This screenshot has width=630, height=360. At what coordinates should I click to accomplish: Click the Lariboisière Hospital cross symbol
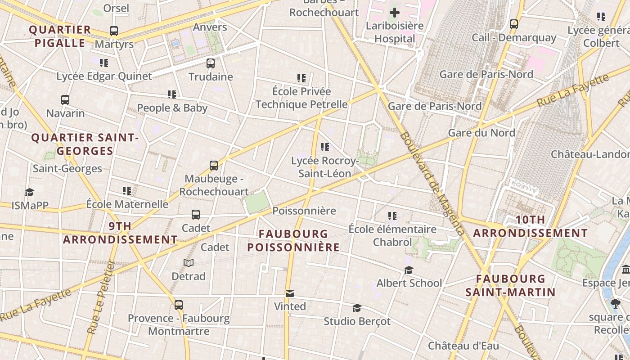point(395,13)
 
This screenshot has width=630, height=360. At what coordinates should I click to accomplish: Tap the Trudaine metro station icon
point(211,63)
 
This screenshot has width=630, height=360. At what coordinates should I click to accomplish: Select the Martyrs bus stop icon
point(114,31)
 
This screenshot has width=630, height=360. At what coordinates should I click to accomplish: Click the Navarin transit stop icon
point(65,100)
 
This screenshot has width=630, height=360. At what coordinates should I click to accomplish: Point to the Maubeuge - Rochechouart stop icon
point(214,166)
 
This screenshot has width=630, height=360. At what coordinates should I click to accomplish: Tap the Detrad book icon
point(189,263)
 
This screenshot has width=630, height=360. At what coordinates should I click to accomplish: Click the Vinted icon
point(290,294)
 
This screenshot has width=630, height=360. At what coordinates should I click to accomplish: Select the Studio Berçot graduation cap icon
point(357,308)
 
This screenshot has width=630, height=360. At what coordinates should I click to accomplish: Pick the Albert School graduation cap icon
point(409,270)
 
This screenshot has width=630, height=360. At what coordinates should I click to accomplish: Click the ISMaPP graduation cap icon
point(30,193)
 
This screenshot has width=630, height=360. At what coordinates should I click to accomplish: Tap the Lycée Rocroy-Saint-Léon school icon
point(325,147)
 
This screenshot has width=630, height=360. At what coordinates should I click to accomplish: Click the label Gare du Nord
point(481,133)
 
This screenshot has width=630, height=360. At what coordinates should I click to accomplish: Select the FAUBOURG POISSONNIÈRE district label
point(293,240)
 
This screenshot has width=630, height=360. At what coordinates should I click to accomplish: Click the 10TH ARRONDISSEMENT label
point(530,226)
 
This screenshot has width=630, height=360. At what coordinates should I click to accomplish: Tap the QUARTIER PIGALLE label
point(60,36)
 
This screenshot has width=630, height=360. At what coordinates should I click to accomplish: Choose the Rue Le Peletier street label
point(100,297)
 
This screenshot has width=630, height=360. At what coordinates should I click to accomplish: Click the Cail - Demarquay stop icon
point(514,24)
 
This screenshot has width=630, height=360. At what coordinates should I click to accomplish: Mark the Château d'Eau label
point(463,346)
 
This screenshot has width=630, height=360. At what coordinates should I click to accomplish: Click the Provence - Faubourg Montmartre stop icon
point(179,305)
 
